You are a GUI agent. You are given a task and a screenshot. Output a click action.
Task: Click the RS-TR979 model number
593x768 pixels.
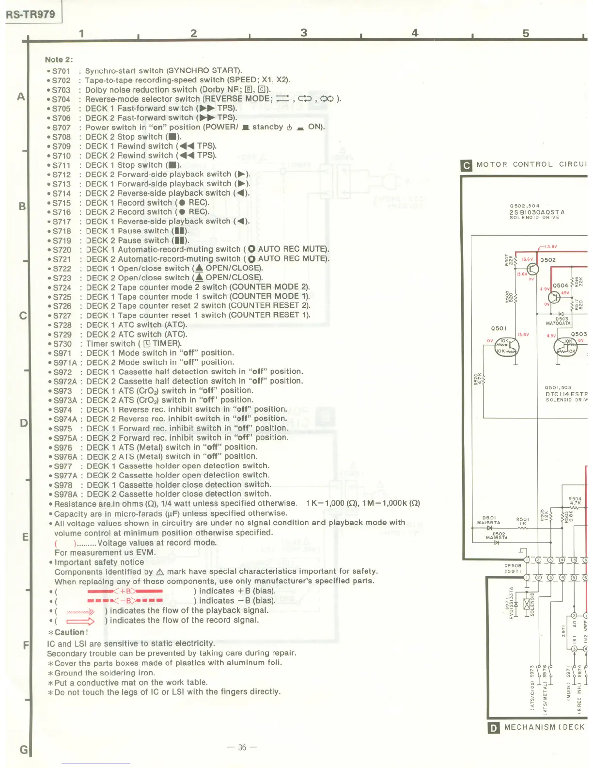31,14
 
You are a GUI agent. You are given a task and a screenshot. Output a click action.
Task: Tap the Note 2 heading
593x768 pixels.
59,60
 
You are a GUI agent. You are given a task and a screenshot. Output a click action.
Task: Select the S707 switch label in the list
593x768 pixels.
61,128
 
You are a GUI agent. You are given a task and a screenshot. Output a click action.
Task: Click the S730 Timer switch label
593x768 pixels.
62,344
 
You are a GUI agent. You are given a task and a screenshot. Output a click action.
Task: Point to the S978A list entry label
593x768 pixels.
65,495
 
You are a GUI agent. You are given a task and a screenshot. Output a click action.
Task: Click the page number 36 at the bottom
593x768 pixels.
242,747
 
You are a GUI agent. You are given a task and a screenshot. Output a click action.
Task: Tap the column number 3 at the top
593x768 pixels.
304,32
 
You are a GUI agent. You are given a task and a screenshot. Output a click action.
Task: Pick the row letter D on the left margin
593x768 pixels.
23,423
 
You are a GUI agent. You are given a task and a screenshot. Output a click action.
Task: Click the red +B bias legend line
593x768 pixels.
125,591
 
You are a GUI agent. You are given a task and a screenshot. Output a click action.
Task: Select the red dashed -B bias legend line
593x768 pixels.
125,601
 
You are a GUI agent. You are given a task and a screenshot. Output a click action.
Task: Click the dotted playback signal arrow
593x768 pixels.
80,612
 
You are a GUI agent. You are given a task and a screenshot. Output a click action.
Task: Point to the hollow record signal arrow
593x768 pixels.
80,621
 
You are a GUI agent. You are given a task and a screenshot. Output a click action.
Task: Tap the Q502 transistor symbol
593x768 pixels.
532,269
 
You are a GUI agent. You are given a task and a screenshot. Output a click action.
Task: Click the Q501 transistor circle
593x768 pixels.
507,347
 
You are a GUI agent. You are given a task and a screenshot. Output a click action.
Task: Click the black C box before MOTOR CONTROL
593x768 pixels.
466,166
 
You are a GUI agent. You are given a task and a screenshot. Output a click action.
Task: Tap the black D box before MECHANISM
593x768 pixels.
493,728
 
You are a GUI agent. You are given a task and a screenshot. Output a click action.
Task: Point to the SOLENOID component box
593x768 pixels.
527,604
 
